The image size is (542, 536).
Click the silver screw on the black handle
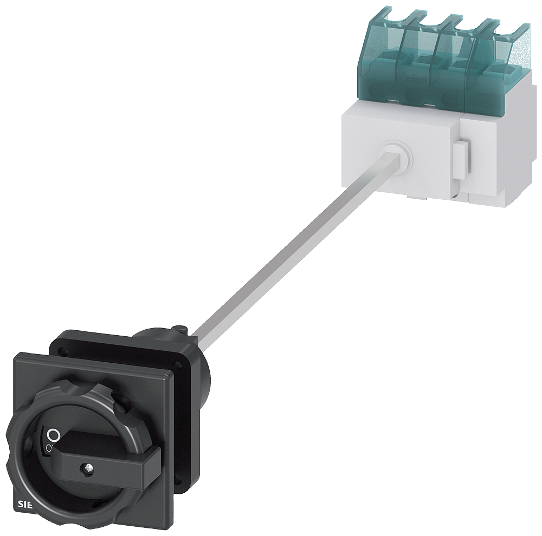(x=86, y=466)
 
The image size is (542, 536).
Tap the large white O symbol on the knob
(x=53, y=434)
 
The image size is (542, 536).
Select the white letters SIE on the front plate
(x=25, y=505)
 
